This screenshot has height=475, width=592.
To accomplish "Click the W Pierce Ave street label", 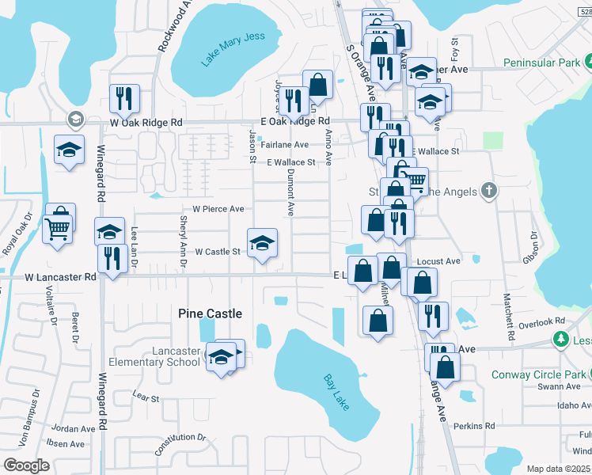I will pyautogui.click(x=218, y=209).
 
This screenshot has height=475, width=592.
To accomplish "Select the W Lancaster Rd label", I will pyautogui.click(x=60, y=277).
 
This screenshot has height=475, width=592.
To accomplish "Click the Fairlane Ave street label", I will pyautogui.click(x=285, y=145).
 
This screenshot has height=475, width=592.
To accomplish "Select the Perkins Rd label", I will pyautogui.click(x=474, y=426).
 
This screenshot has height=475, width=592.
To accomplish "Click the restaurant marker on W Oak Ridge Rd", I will pyautogui.click(x=124, y=98).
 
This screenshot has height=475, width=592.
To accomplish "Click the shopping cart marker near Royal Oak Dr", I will pyautogui.click(x=58, y=230).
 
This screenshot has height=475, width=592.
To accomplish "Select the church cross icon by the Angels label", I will pyautogui.click(x=489, y=190).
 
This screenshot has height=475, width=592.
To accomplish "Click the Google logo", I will pyautogui.click(x=26, y=465).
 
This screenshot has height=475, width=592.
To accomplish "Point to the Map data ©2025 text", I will pyautogui.click(x=558, y=469).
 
